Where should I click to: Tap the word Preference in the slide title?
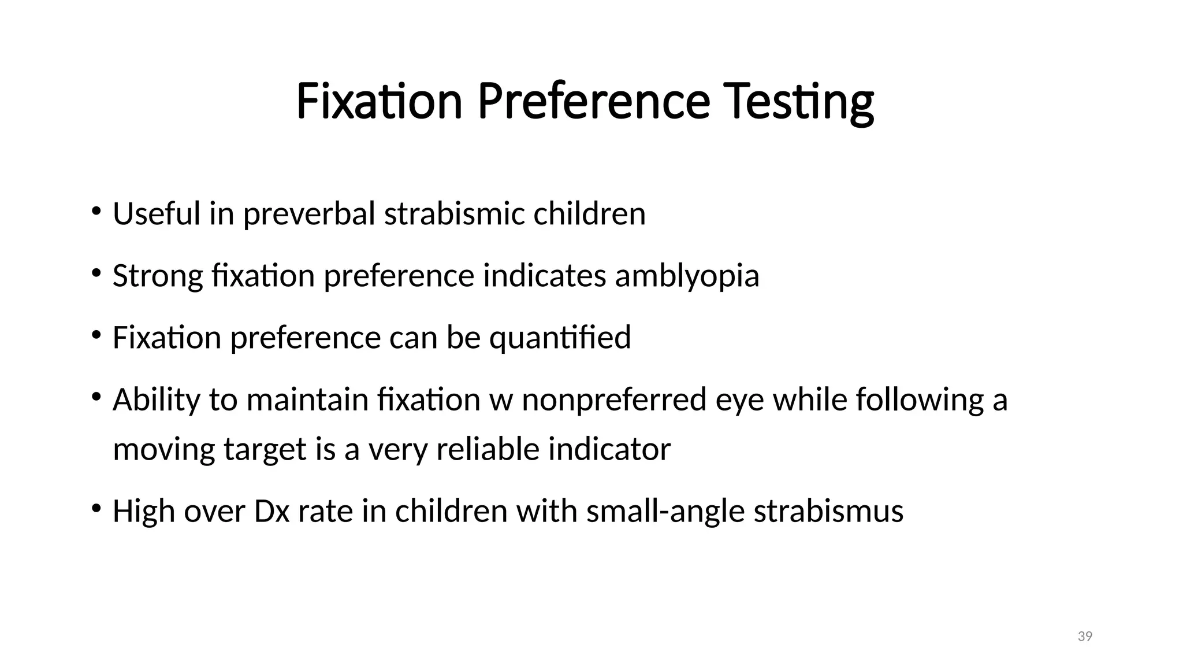tap(594, 102)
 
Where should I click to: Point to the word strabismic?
tap(454, 213)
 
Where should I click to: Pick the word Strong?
tap(158, 276)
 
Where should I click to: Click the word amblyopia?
tap(687, 276)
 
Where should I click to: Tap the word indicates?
tap(544, 275)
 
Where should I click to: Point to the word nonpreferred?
tap(614, 400)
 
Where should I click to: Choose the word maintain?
tap(307, 399)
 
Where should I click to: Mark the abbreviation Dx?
tap(271, 511)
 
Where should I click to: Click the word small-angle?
tap(665, 512)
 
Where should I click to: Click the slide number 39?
tap(1085, 637)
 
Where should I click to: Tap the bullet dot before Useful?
tap(96, 210)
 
